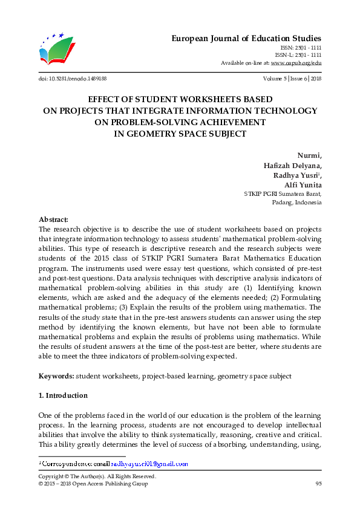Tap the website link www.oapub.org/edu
point(296,63)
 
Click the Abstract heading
point(53,219)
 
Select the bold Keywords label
point(56,376)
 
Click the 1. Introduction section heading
point(63,395)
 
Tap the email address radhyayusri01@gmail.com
point(149,464)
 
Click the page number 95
point(318,484)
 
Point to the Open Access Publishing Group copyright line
point(93,484)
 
